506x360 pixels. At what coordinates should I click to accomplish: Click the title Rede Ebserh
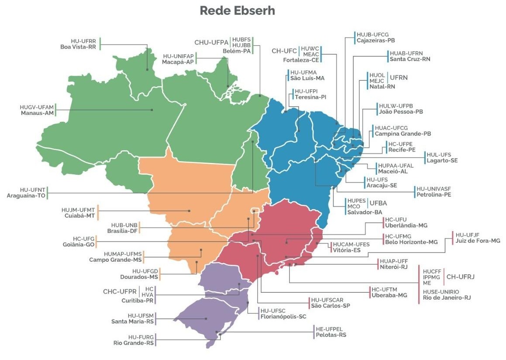pyautogui.click(x=238, y=11)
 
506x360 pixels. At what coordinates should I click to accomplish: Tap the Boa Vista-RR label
pyautogui.click(x=78, y=47)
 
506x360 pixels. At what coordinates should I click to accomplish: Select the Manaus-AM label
pyautogui.click(x=37, y=113)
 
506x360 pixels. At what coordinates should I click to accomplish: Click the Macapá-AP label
pyautogui.click(x=178, y=62)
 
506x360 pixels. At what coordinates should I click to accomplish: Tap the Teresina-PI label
pyautogui.click(x=310, y=97)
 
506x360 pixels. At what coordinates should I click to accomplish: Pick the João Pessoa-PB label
pyautogui.click(x=401, y=112)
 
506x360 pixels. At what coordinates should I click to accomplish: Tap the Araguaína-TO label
pyautogui.click(x=26, y=196)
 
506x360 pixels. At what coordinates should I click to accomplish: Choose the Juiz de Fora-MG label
pyautogui.click(x=478, y=241)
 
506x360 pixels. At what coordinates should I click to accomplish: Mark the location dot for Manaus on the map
pyautogui.click(x=152, y=110)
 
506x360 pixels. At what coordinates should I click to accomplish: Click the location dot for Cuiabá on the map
pyautogui.click(x=189, y=211)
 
